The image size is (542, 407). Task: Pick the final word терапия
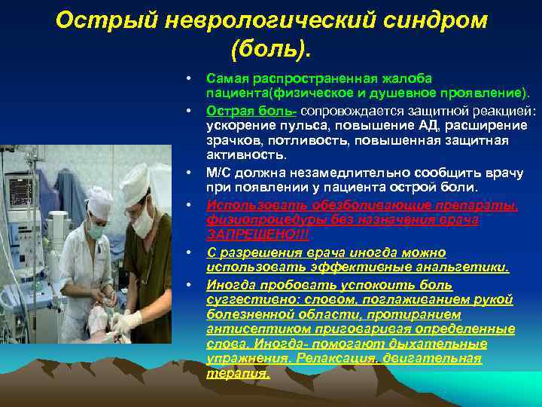237,373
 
